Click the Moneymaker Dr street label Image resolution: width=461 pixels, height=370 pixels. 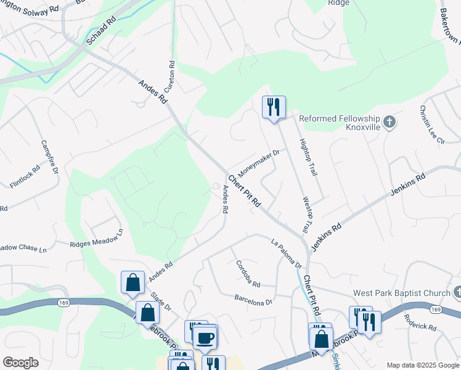click(x=259, y=160)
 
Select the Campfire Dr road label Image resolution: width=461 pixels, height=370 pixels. click(x=49, y=156)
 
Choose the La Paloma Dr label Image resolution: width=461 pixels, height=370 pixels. click(x=287, y=253)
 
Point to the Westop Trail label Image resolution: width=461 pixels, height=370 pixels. click(x=307, y=215)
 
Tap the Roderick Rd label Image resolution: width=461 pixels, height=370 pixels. click(x=420, y=320)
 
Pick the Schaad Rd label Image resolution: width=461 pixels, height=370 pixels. click(x=102, y=30)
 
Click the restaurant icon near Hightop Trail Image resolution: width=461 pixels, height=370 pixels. click(x=272, y=107)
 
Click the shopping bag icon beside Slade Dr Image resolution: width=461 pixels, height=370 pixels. click(x=133, y=282)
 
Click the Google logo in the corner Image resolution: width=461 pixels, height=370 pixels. click(x=20, y=363)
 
